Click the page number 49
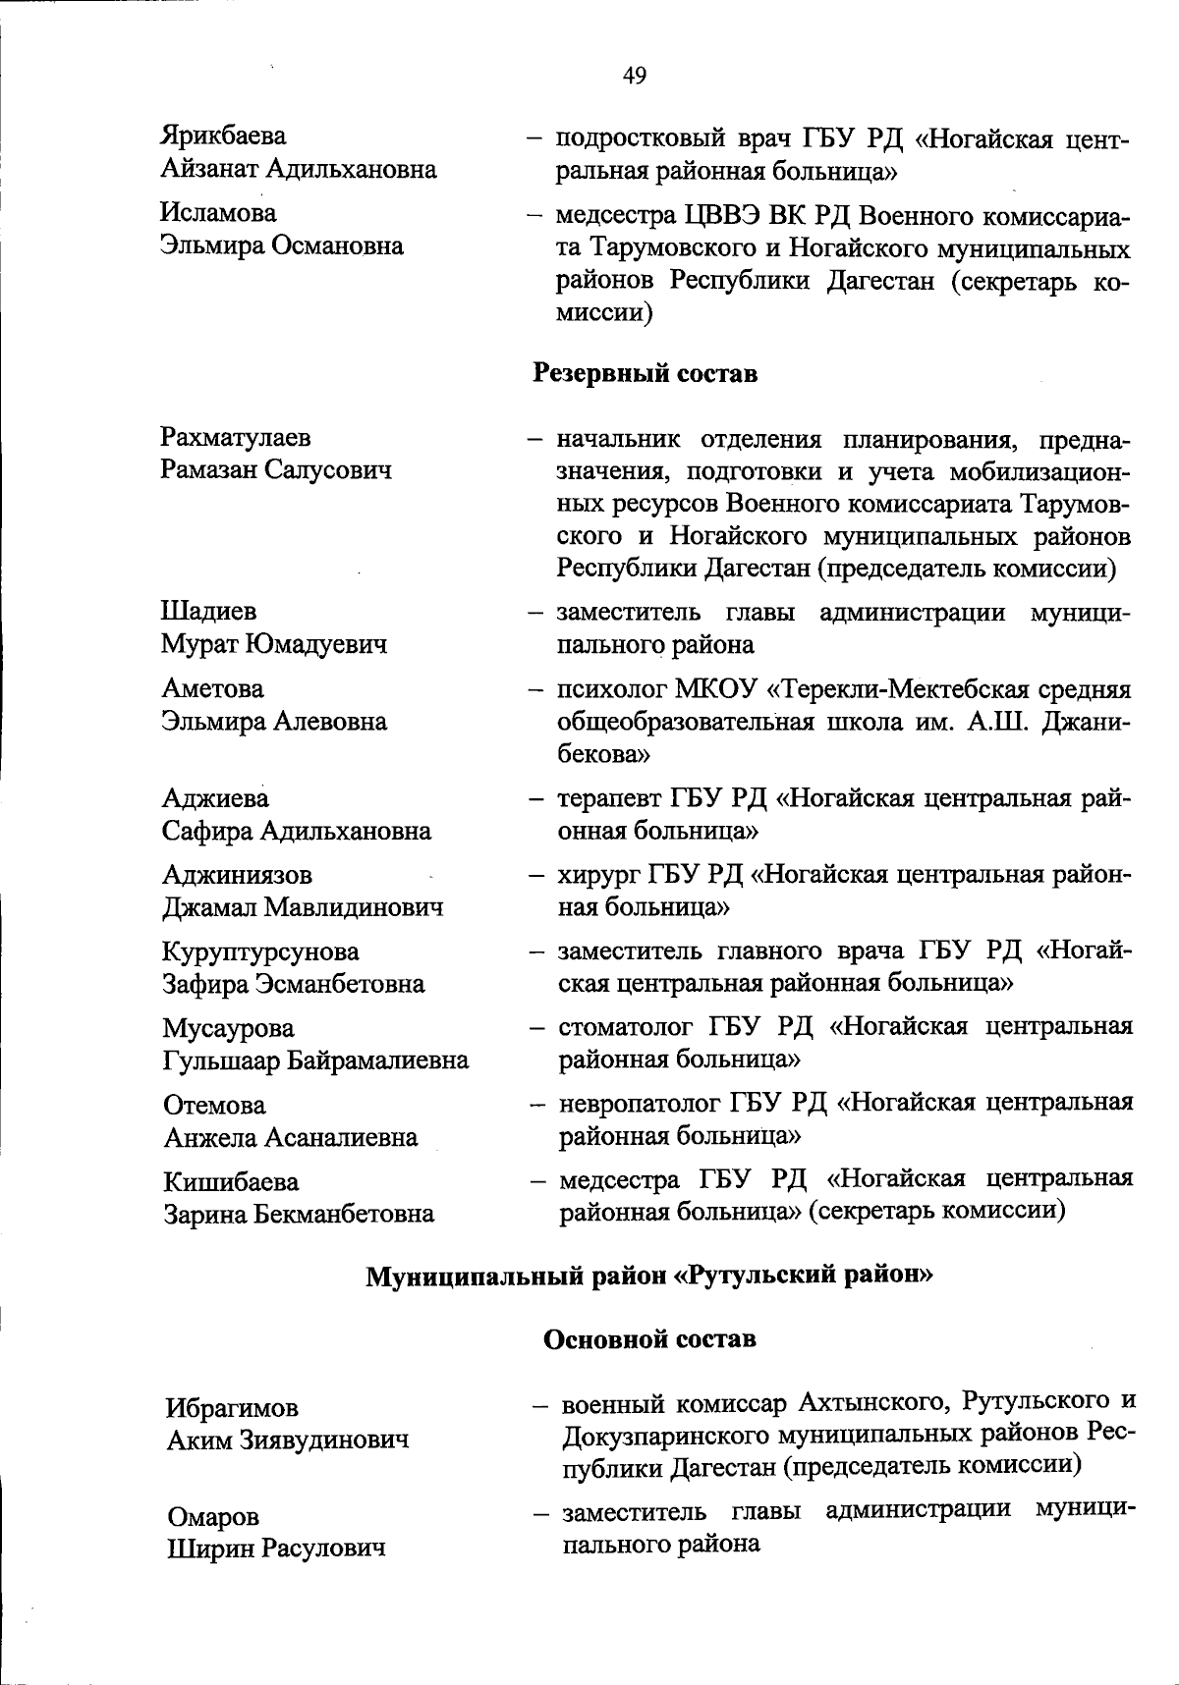635,76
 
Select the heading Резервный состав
645,373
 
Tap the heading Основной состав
649,1338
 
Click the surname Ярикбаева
224,136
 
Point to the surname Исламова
219,213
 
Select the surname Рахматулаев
236,437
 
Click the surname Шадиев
209,612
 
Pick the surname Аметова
213,688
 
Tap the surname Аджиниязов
238,874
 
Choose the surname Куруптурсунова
261,951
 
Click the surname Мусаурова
228,1028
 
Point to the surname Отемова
214,1105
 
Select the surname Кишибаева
231,1181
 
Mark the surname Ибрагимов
232,1408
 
